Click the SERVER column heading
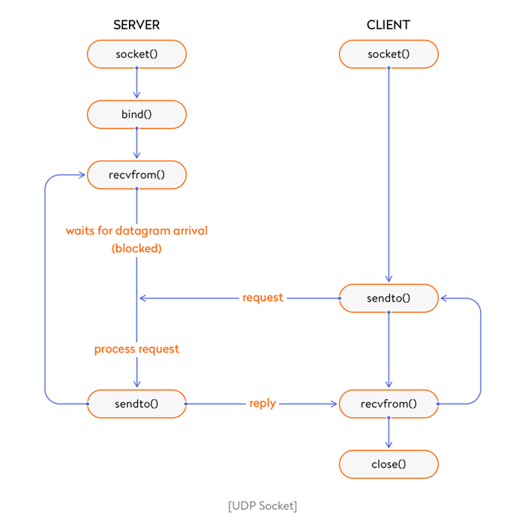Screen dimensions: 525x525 (136, 25)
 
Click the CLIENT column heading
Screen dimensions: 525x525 (388, 25)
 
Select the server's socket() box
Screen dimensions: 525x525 (136, 54)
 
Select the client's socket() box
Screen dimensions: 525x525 (388, 54)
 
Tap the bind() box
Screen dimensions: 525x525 (136, 115)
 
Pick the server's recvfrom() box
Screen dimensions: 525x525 (136, 175)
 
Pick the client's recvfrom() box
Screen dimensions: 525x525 (388, 403)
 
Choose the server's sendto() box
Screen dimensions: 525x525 (136, 403)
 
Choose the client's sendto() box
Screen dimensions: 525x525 (388, 298)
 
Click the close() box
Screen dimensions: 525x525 (388, 464)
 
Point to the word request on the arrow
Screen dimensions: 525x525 (262, 298)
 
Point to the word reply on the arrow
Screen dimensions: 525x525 (262, 403)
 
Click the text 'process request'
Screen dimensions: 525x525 (136, 349)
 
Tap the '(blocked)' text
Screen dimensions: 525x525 (136, 248)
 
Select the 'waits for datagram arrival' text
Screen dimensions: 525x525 (136, 230)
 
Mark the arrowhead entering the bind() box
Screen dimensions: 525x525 (136, 95)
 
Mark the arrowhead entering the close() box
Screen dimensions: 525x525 (388, 445)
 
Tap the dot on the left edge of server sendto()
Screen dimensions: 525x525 (88, 403)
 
